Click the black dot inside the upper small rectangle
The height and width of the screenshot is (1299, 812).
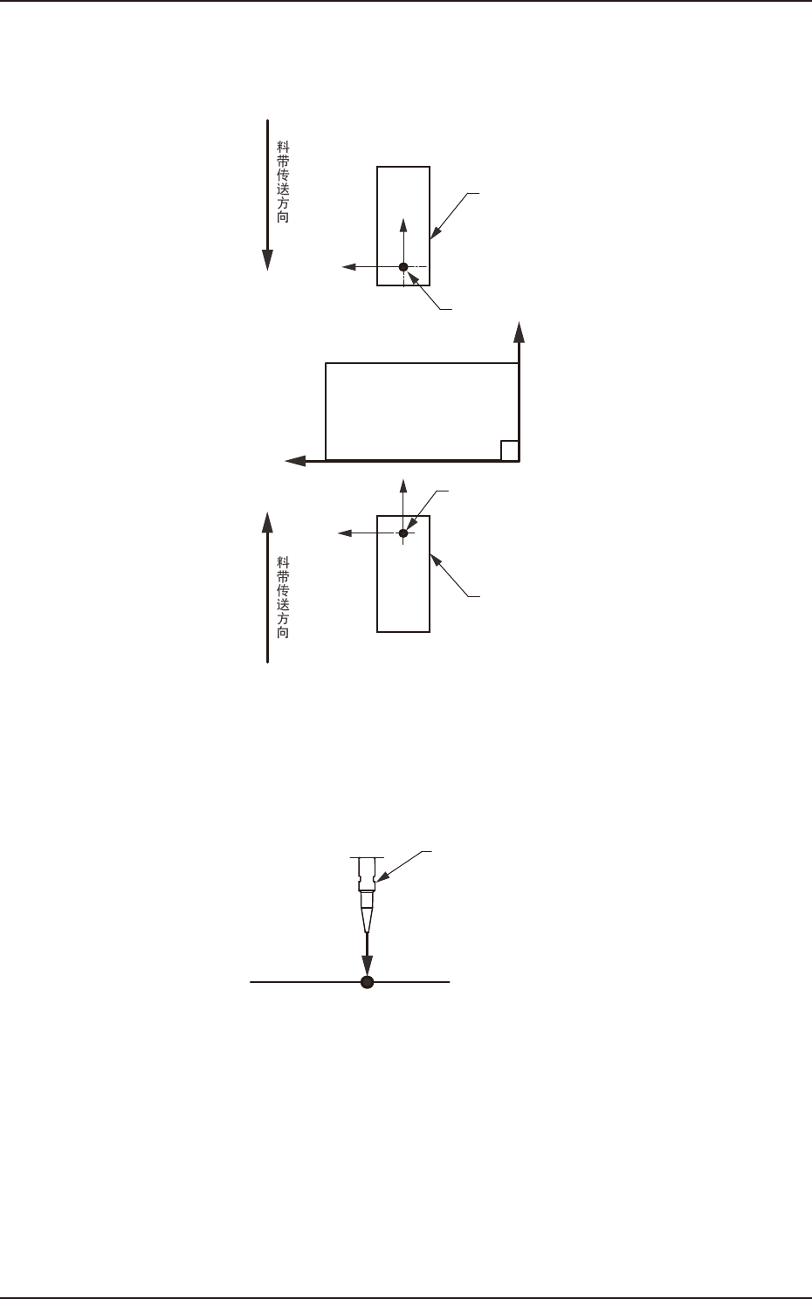click(x=403, y=266)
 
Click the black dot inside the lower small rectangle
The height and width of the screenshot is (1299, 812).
click(x=403, y=533)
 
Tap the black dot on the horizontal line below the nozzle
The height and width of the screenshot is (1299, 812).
click(x=368, y=982)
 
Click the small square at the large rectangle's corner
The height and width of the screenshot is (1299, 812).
click(x=510, y=450)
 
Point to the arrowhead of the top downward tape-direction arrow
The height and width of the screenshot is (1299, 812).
click(x=268, y=260)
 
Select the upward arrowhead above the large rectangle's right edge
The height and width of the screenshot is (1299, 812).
click(x=520, y=333)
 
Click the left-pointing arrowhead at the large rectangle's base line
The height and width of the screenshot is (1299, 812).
click(x=295, y=460)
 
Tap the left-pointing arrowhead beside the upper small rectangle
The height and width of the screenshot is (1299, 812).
click(x=347, y=266)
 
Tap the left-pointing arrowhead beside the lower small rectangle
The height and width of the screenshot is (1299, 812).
click(x=345, y=533)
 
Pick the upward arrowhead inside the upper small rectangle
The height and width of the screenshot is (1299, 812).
click(x=403, y=224)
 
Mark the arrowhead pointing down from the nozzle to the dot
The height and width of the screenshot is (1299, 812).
click(x=368, y=965)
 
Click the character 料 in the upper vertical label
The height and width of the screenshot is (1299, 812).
click(x=282, y=149)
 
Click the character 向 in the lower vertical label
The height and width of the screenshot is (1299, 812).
click(x=283, y=632)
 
